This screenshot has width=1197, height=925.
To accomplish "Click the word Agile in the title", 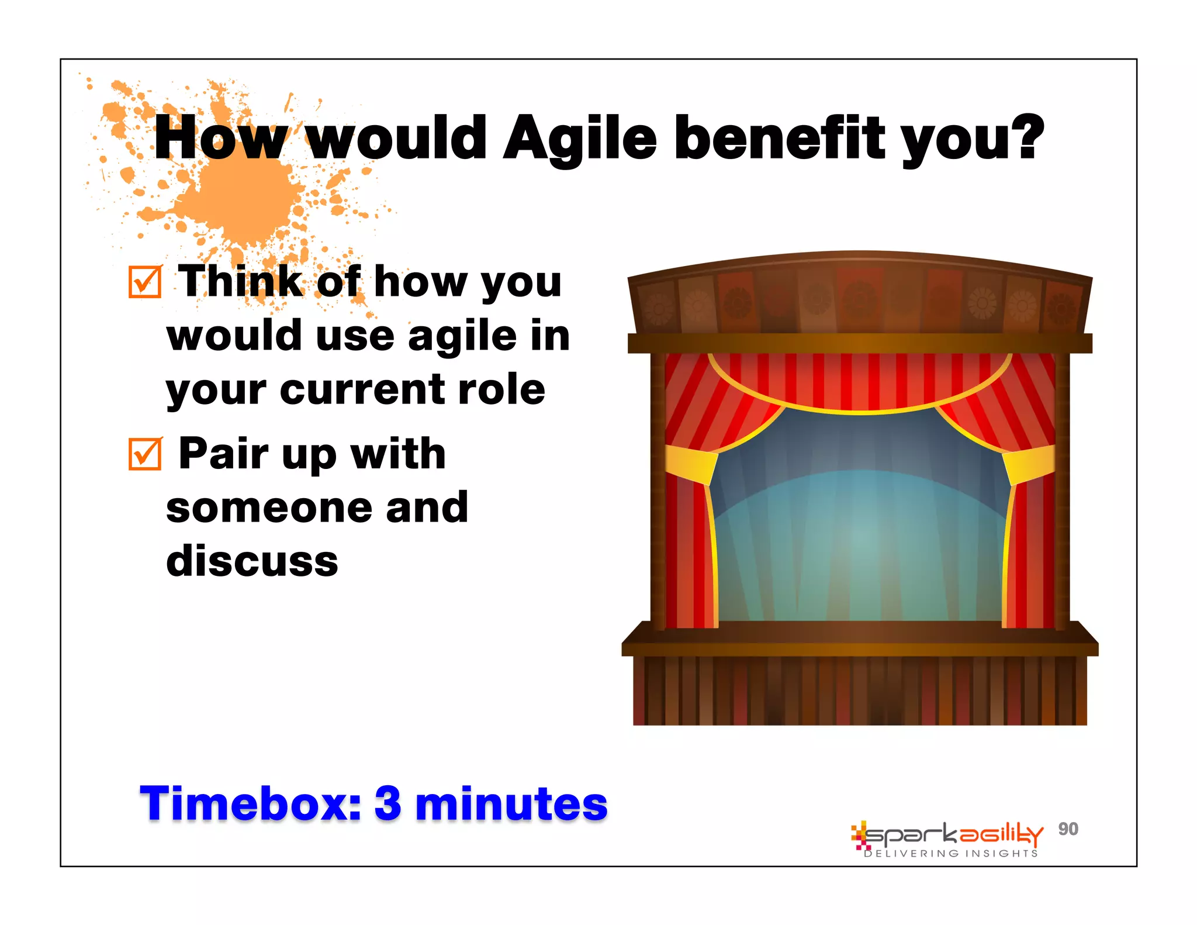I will point(580,139).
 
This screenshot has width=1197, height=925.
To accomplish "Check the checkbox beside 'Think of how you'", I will point(144,282).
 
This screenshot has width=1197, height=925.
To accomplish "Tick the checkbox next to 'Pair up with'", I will point(144,454).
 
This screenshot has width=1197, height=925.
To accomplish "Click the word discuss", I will point(252,561).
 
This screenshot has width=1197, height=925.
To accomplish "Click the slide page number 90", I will point(1068,829).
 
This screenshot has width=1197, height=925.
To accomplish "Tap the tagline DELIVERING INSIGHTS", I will point(951,854).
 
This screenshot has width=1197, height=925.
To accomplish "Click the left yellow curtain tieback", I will point(691,465).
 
